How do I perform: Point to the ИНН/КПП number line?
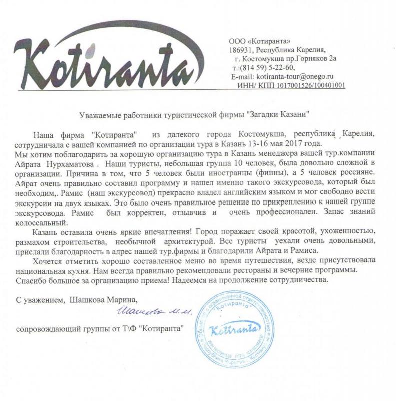point(293,86)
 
